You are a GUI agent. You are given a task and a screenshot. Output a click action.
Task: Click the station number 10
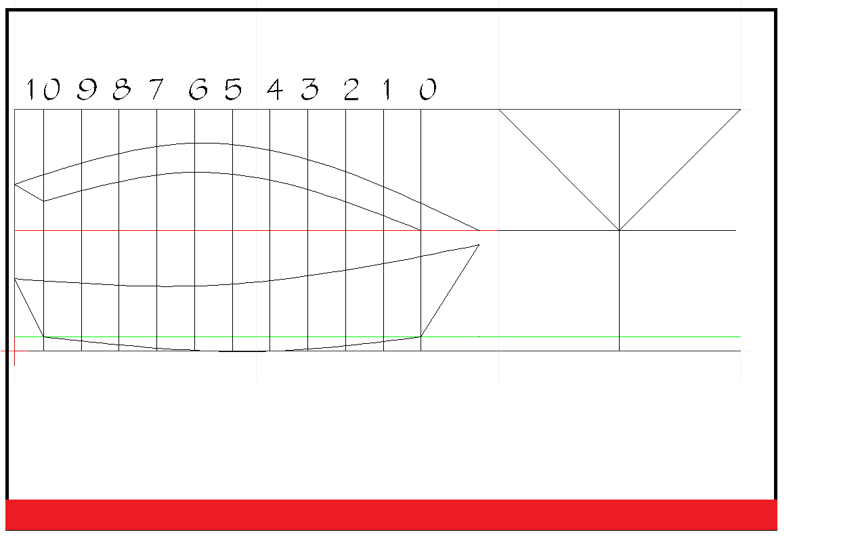[42, 89]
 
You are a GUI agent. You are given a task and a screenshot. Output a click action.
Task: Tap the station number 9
[87, 89]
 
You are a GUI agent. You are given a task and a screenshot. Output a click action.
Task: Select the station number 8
[122, 89]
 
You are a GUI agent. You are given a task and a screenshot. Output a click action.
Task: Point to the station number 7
[157, 89]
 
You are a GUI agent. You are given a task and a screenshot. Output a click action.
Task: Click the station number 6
[198, 89]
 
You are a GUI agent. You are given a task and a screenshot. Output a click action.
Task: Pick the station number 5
[234, 89]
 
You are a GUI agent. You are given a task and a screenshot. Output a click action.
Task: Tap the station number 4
[275, 89]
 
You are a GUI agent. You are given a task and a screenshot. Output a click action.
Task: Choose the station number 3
[310, 89]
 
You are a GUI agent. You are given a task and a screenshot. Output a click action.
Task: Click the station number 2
[351, 89]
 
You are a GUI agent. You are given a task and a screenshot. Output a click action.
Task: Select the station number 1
[387, 89]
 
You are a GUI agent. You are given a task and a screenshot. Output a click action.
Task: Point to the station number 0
[427, 89]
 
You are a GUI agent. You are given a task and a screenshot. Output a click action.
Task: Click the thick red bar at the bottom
[391, 514]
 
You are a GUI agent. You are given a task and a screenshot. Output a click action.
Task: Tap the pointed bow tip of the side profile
[479, 245]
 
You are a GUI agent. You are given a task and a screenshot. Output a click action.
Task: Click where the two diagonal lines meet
[619, 230]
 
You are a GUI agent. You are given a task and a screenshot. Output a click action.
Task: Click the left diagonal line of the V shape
[559, 169]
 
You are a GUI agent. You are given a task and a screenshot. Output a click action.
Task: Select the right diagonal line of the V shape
[680, 169]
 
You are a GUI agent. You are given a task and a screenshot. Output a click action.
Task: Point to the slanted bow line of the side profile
[450, 290]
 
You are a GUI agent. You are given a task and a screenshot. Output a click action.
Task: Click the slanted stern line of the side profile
[29, 307]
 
